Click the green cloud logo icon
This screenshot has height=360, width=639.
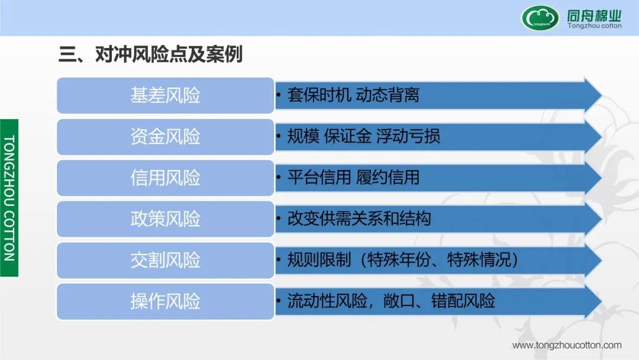(x=540, y=18)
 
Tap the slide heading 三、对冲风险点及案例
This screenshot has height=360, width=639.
(x=151, y=54)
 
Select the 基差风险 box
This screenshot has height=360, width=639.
(x=166, y=95)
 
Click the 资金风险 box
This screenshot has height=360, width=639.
(x=166, y=137)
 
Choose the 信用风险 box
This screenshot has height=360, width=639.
(x=166, y=178)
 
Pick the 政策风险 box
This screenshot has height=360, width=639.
(x=166, y=219)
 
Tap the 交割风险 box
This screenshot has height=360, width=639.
(x=166, y=260)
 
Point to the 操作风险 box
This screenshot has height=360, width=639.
(x=166, y=301)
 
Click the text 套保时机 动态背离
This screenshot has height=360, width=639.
(x=353, y=95)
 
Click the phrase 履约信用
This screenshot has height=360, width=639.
(x=388, y=178)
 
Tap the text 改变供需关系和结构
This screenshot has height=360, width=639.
(x=359, y=218)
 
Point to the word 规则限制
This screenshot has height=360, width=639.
(x=319, y=260)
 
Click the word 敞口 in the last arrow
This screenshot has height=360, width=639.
(x=399, y=301)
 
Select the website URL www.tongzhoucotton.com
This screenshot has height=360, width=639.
(x=567, y=345)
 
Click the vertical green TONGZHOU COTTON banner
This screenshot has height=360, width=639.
(x=9, y=198)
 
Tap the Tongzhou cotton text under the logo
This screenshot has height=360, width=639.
(x=595, y=25)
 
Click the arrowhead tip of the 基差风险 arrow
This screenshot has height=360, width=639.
(x=602, y=95)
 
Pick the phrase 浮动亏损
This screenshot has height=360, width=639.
(x=408, y=136)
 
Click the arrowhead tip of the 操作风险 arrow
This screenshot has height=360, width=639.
(x=602, y=301)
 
